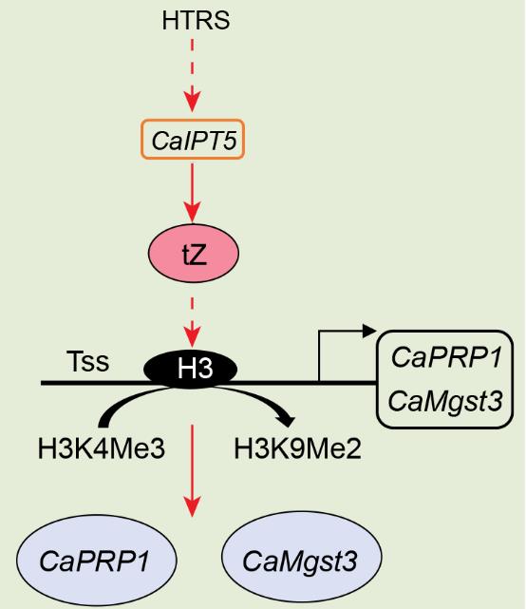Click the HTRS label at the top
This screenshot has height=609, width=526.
coord(196,21)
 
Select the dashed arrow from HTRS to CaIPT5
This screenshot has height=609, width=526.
coord(193,75)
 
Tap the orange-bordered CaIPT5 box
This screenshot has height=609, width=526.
coord(193,139)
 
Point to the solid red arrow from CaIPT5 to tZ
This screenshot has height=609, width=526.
coord(193,193)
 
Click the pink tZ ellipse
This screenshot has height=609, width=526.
coord(194,254)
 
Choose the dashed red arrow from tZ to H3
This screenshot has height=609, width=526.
coord(193,323)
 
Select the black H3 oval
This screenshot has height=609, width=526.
coord(191,369)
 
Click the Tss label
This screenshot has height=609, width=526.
coord(87,361)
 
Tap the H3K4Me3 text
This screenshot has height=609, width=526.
coord(102,448)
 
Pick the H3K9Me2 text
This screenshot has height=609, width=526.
coord(298,448)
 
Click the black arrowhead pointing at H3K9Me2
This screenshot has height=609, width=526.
coord(288,420)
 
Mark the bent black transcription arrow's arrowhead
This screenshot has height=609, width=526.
coord(369,331)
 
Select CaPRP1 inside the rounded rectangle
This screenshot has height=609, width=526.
coord(446,357)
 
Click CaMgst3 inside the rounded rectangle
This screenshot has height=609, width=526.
coord(445,401)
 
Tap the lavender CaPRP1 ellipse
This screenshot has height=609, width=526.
coord(96,561)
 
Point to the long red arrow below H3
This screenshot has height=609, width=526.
coord(193,470)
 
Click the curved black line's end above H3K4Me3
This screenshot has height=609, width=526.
coord(104,424)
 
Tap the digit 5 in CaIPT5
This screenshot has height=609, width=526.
coord(229,141)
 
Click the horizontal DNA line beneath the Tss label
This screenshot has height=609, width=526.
coord(92,383)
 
